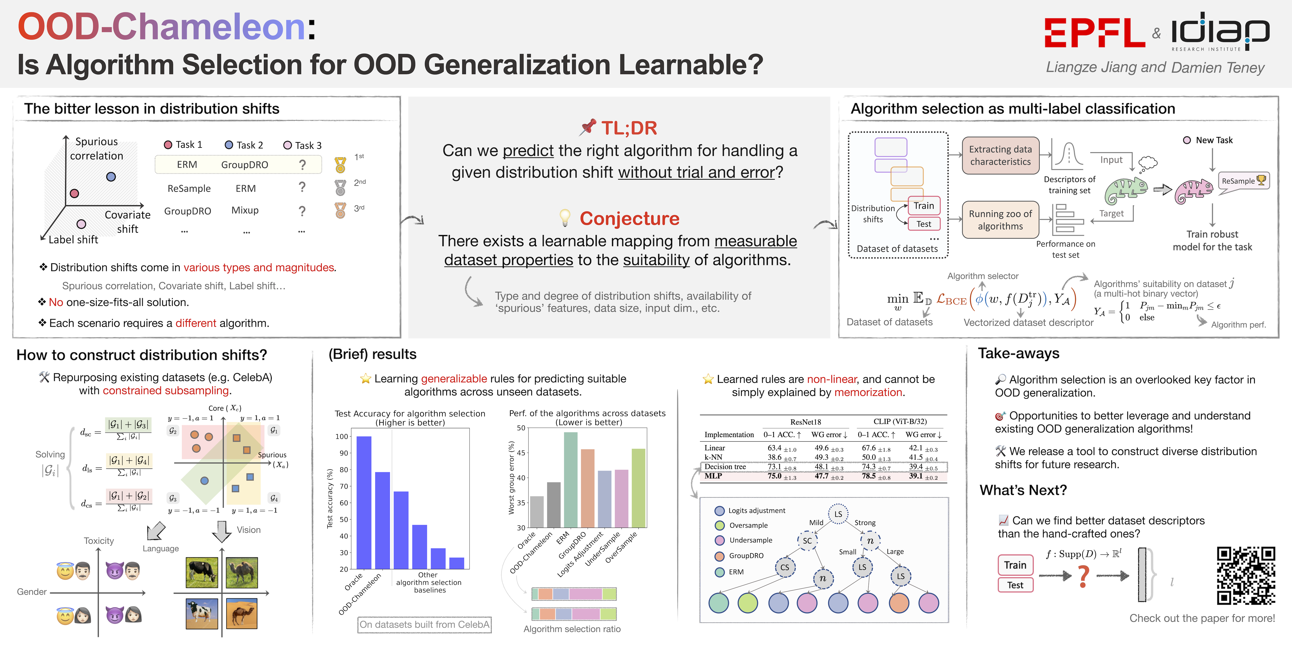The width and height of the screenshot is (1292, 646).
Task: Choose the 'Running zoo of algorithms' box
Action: tap(1000, 220)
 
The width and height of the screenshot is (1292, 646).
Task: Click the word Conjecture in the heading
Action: tap(629, 219)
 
